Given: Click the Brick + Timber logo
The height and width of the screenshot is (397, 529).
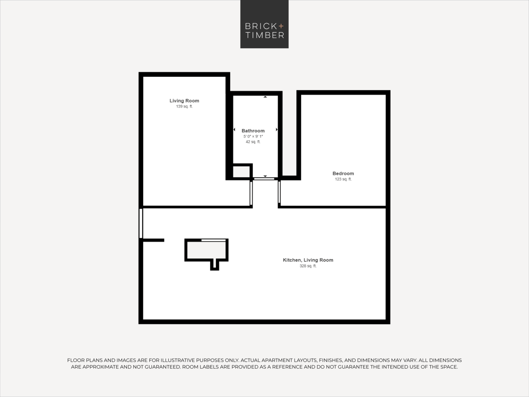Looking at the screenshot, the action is pos(264,24).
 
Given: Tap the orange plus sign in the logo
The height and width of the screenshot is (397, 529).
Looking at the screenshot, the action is pos(281,26).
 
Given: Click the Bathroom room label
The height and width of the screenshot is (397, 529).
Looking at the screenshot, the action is pos(253,131).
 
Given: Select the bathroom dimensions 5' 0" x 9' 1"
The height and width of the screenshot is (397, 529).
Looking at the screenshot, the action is pos(253,136).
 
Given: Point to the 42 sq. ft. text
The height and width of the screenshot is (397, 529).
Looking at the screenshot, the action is pos(253,142).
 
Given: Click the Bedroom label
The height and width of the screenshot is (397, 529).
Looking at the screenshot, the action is pos(343,173).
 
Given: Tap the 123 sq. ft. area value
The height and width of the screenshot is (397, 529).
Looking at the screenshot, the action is pos(343,179).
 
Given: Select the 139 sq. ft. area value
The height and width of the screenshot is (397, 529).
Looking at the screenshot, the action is pos(184,106).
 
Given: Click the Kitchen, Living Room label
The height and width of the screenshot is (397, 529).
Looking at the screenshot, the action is pos(308,260).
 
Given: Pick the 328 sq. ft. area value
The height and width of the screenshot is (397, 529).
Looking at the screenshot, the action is pos(308,266).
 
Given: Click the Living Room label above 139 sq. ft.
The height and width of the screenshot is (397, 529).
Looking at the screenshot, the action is pos(184,101).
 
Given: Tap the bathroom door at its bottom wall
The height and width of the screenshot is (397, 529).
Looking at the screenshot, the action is pos(264,179).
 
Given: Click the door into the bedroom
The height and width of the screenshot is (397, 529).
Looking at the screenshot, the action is pos(279,192).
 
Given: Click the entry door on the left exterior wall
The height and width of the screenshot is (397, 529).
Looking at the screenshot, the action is pos(141,223).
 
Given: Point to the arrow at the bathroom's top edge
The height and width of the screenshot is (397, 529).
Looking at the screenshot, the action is pos(265,97).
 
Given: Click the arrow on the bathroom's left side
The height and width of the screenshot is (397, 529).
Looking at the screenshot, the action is pos(234,129).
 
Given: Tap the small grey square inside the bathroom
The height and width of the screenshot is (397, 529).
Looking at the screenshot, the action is pos(241,172).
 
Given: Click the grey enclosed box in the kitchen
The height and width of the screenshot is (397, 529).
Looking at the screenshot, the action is pos(206,250).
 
